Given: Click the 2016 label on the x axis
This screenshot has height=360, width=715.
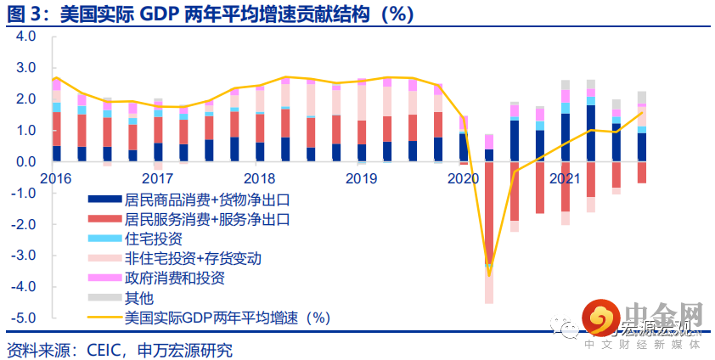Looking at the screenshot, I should pos(56,178).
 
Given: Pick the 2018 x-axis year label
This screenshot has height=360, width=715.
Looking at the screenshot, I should pos(258,178).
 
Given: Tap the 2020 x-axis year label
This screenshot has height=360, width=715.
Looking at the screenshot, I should pos(463,178).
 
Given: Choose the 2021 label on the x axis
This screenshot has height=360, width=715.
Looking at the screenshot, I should pos(565,178).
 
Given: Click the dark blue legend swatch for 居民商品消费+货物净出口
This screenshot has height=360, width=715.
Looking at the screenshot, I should pos(104,199).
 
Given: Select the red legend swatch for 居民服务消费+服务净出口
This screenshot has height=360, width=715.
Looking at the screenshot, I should pos(104,218).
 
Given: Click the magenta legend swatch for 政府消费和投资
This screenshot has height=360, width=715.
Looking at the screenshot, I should pos(104,278).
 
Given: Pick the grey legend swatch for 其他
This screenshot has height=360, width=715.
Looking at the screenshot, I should pos(104,297).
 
